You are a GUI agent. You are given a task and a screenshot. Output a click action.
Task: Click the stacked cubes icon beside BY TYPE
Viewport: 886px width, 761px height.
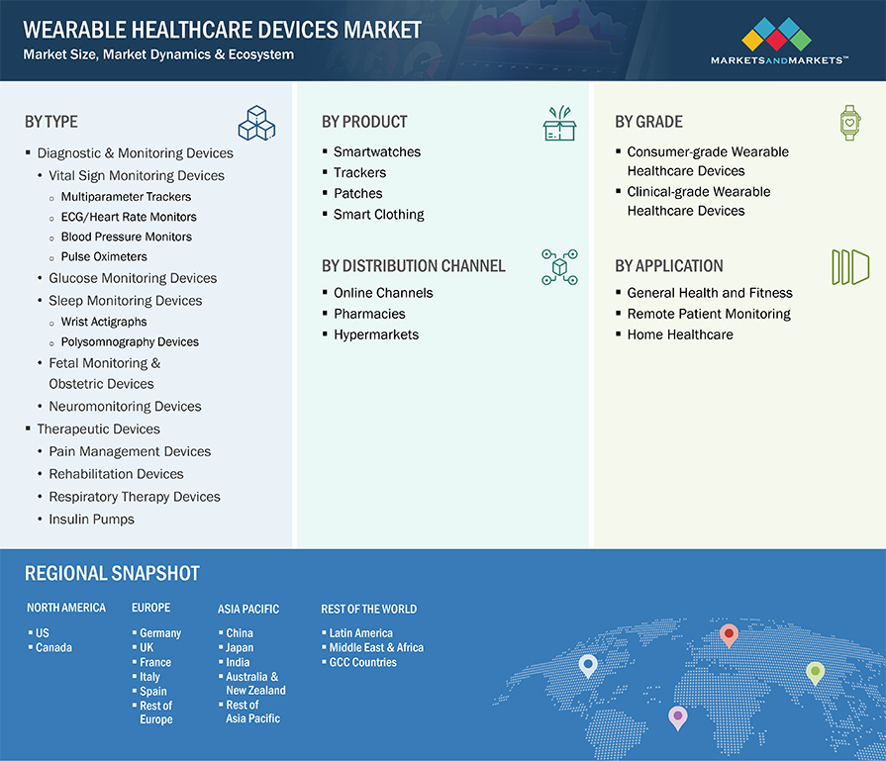click(x=256, y=123)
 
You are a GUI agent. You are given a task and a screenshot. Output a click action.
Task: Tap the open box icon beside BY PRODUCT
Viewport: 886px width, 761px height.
click(x=559, y=123)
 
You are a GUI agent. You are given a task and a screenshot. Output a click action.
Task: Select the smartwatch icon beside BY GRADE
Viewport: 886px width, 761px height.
click(x=849, y=123)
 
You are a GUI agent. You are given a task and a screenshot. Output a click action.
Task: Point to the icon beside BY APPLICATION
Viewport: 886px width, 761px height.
click(x=850, y=266)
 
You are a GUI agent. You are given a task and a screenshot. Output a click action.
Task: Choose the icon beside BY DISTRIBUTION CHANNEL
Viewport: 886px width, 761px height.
click(x=559, y=266)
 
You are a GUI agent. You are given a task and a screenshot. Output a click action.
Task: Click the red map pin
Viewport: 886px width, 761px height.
click(x=729, y=635)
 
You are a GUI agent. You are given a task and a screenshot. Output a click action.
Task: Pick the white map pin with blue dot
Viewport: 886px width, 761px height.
click(x=588, y=666)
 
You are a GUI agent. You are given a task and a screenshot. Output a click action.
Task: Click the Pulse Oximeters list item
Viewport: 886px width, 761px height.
click(x=104, y=256)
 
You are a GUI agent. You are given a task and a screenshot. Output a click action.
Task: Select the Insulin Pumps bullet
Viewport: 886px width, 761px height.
click(x=91, y=520)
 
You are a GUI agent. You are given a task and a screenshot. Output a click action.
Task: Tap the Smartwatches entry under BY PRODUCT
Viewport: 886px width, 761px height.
click(x=377, y=152)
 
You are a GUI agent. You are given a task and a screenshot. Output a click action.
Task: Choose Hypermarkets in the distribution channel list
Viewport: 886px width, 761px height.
click(x=376, y=334)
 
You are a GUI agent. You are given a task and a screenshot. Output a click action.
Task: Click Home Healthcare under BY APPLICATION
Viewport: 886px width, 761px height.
click(x=680, y=334)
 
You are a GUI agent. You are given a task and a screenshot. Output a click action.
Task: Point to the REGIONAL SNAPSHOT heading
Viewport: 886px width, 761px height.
click(x=112, y=573)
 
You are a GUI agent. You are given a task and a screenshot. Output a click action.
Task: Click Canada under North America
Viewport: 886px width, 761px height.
click(x=53, y=647)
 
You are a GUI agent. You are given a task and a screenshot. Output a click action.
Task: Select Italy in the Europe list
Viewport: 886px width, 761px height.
click(x=149, y=677)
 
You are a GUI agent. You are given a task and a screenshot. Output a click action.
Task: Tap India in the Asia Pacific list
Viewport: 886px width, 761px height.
click(x=238, y=662)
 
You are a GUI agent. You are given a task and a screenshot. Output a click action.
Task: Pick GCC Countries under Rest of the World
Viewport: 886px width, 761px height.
click(x=362, y=662)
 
